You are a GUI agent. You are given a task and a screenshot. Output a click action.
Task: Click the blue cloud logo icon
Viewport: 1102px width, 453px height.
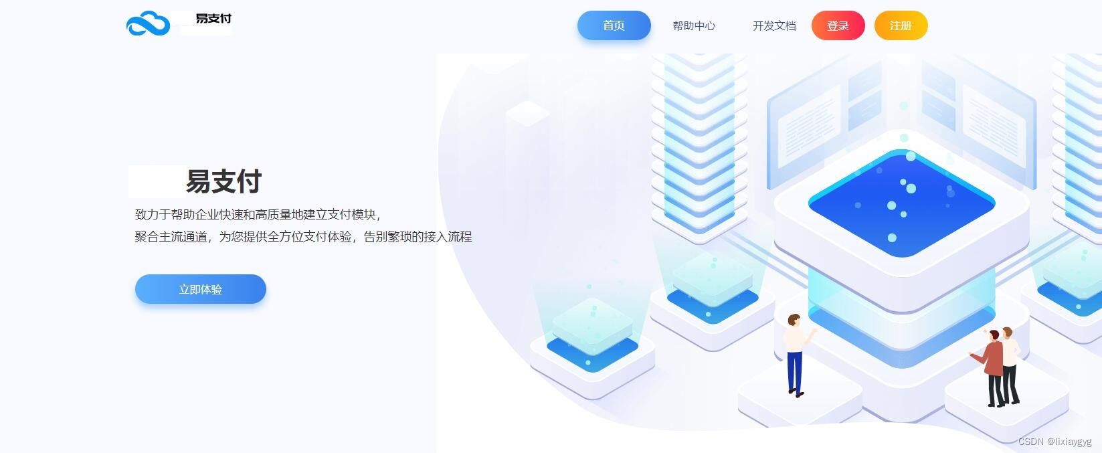click(x=148, y=24)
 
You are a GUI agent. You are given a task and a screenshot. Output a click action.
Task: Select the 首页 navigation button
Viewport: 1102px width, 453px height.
click(x=614, y=25)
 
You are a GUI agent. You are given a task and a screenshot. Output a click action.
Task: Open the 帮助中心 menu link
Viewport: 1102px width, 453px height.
click(x=694, y=26)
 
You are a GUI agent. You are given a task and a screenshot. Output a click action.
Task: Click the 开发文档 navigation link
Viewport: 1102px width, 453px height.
click(x=774, y=26)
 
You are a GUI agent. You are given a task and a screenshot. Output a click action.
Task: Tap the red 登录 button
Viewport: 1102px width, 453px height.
click(x=838, y=26)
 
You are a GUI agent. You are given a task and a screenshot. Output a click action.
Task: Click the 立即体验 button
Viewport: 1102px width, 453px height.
click(x=200, y=289)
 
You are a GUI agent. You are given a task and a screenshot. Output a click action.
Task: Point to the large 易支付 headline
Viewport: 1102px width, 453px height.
click(x=223, y=181)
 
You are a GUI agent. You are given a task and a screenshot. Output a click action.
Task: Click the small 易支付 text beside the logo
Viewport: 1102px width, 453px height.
click(x=213, y=19)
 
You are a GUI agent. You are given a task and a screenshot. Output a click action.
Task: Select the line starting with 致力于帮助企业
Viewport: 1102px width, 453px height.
click(x=258, y=215)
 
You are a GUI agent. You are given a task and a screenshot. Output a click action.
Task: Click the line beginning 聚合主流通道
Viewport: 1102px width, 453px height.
click(x=303, y=237)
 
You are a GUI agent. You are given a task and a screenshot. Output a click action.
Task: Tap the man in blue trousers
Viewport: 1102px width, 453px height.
click(x=794, y=355)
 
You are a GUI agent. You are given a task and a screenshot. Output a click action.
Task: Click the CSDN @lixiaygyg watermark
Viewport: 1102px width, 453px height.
click(x=1054, y=442)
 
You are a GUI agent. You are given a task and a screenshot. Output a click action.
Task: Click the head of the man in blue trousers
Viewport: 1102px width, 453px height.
click(x=794, y=320)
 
